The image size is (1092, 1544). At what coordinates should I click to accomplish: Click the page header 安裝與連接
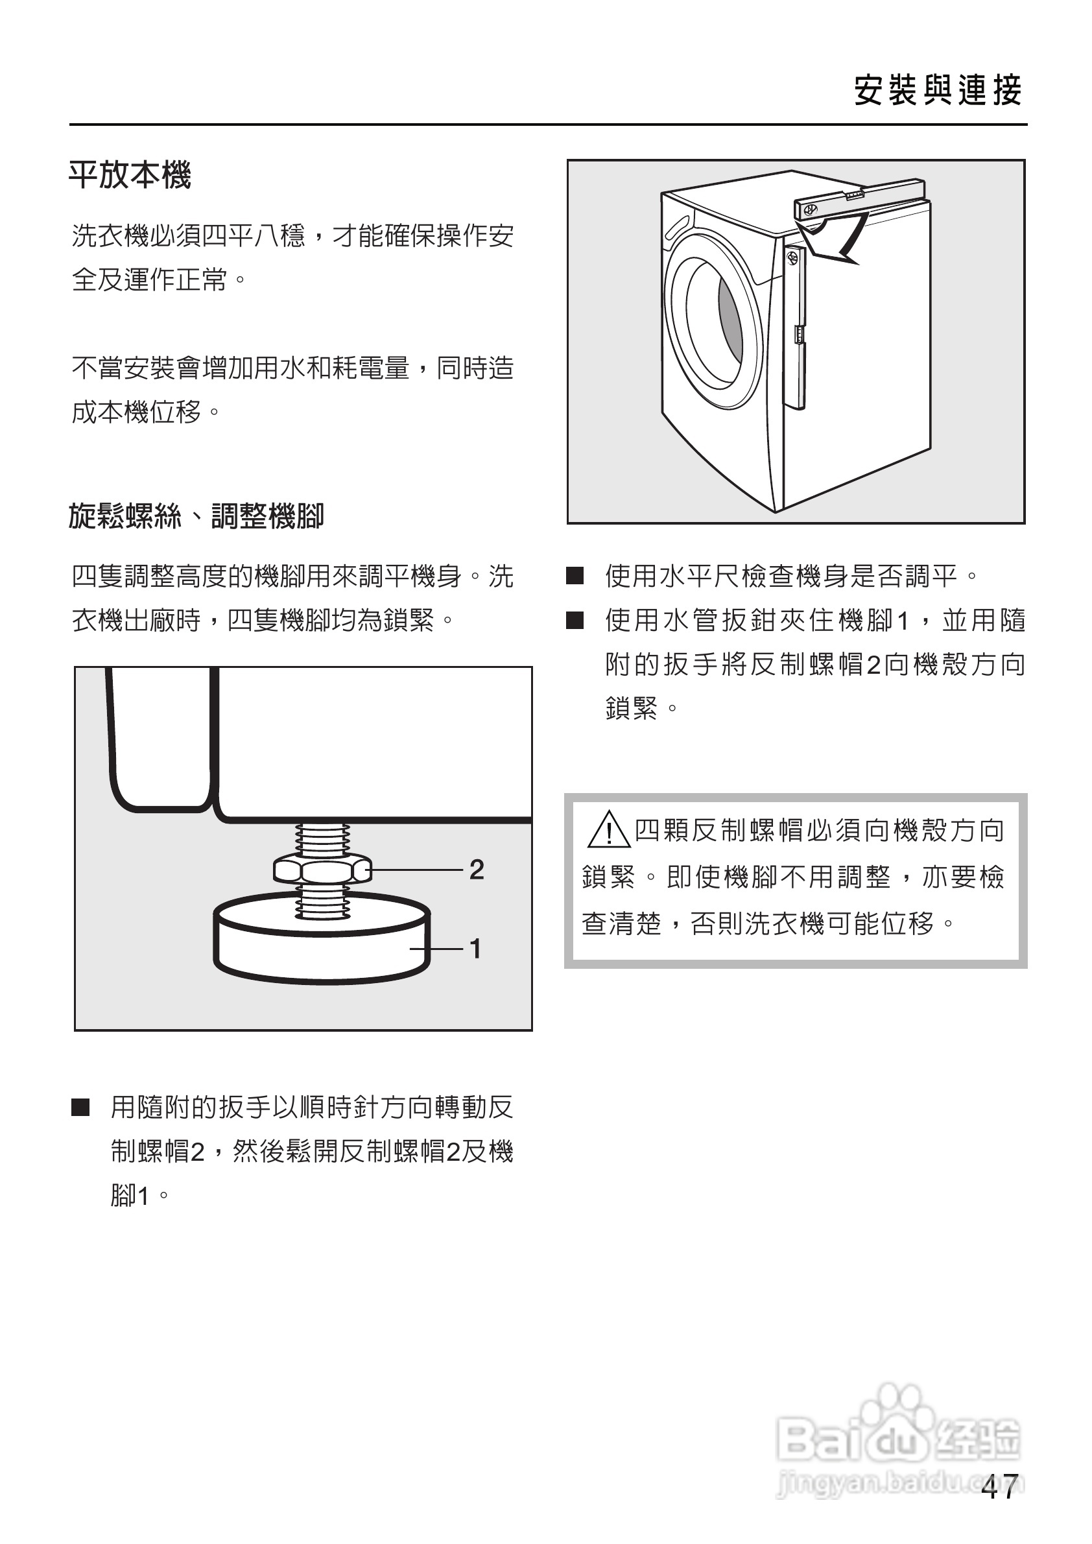pos(938,91)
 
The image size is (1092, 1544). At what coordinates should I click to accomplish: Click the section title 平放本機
pos(130,176)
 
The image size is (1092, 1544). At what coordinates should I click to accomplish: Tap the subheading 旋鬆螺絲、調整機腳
pos(196,516)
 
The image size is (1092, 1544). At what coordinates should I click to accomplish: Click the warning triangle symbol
pos(608,831)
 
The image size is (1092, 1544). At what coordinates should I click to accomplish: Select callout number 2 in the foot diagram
pos(476,870)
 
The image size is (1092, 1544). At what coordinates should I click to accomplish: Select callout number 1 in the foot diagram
pos(475,949)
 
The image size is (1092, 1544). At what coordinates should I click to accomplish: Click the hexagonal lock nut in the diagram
pos(322,871)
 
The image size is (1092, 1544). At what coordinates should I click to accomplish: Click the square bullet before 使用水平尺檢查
pos(575,576)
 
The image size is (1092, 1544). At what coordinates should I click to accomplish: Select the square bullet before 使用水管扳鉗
pos(575,620)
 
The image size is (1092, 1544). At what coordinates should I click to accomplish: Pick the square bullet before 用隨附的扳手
pos(80,1108)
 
